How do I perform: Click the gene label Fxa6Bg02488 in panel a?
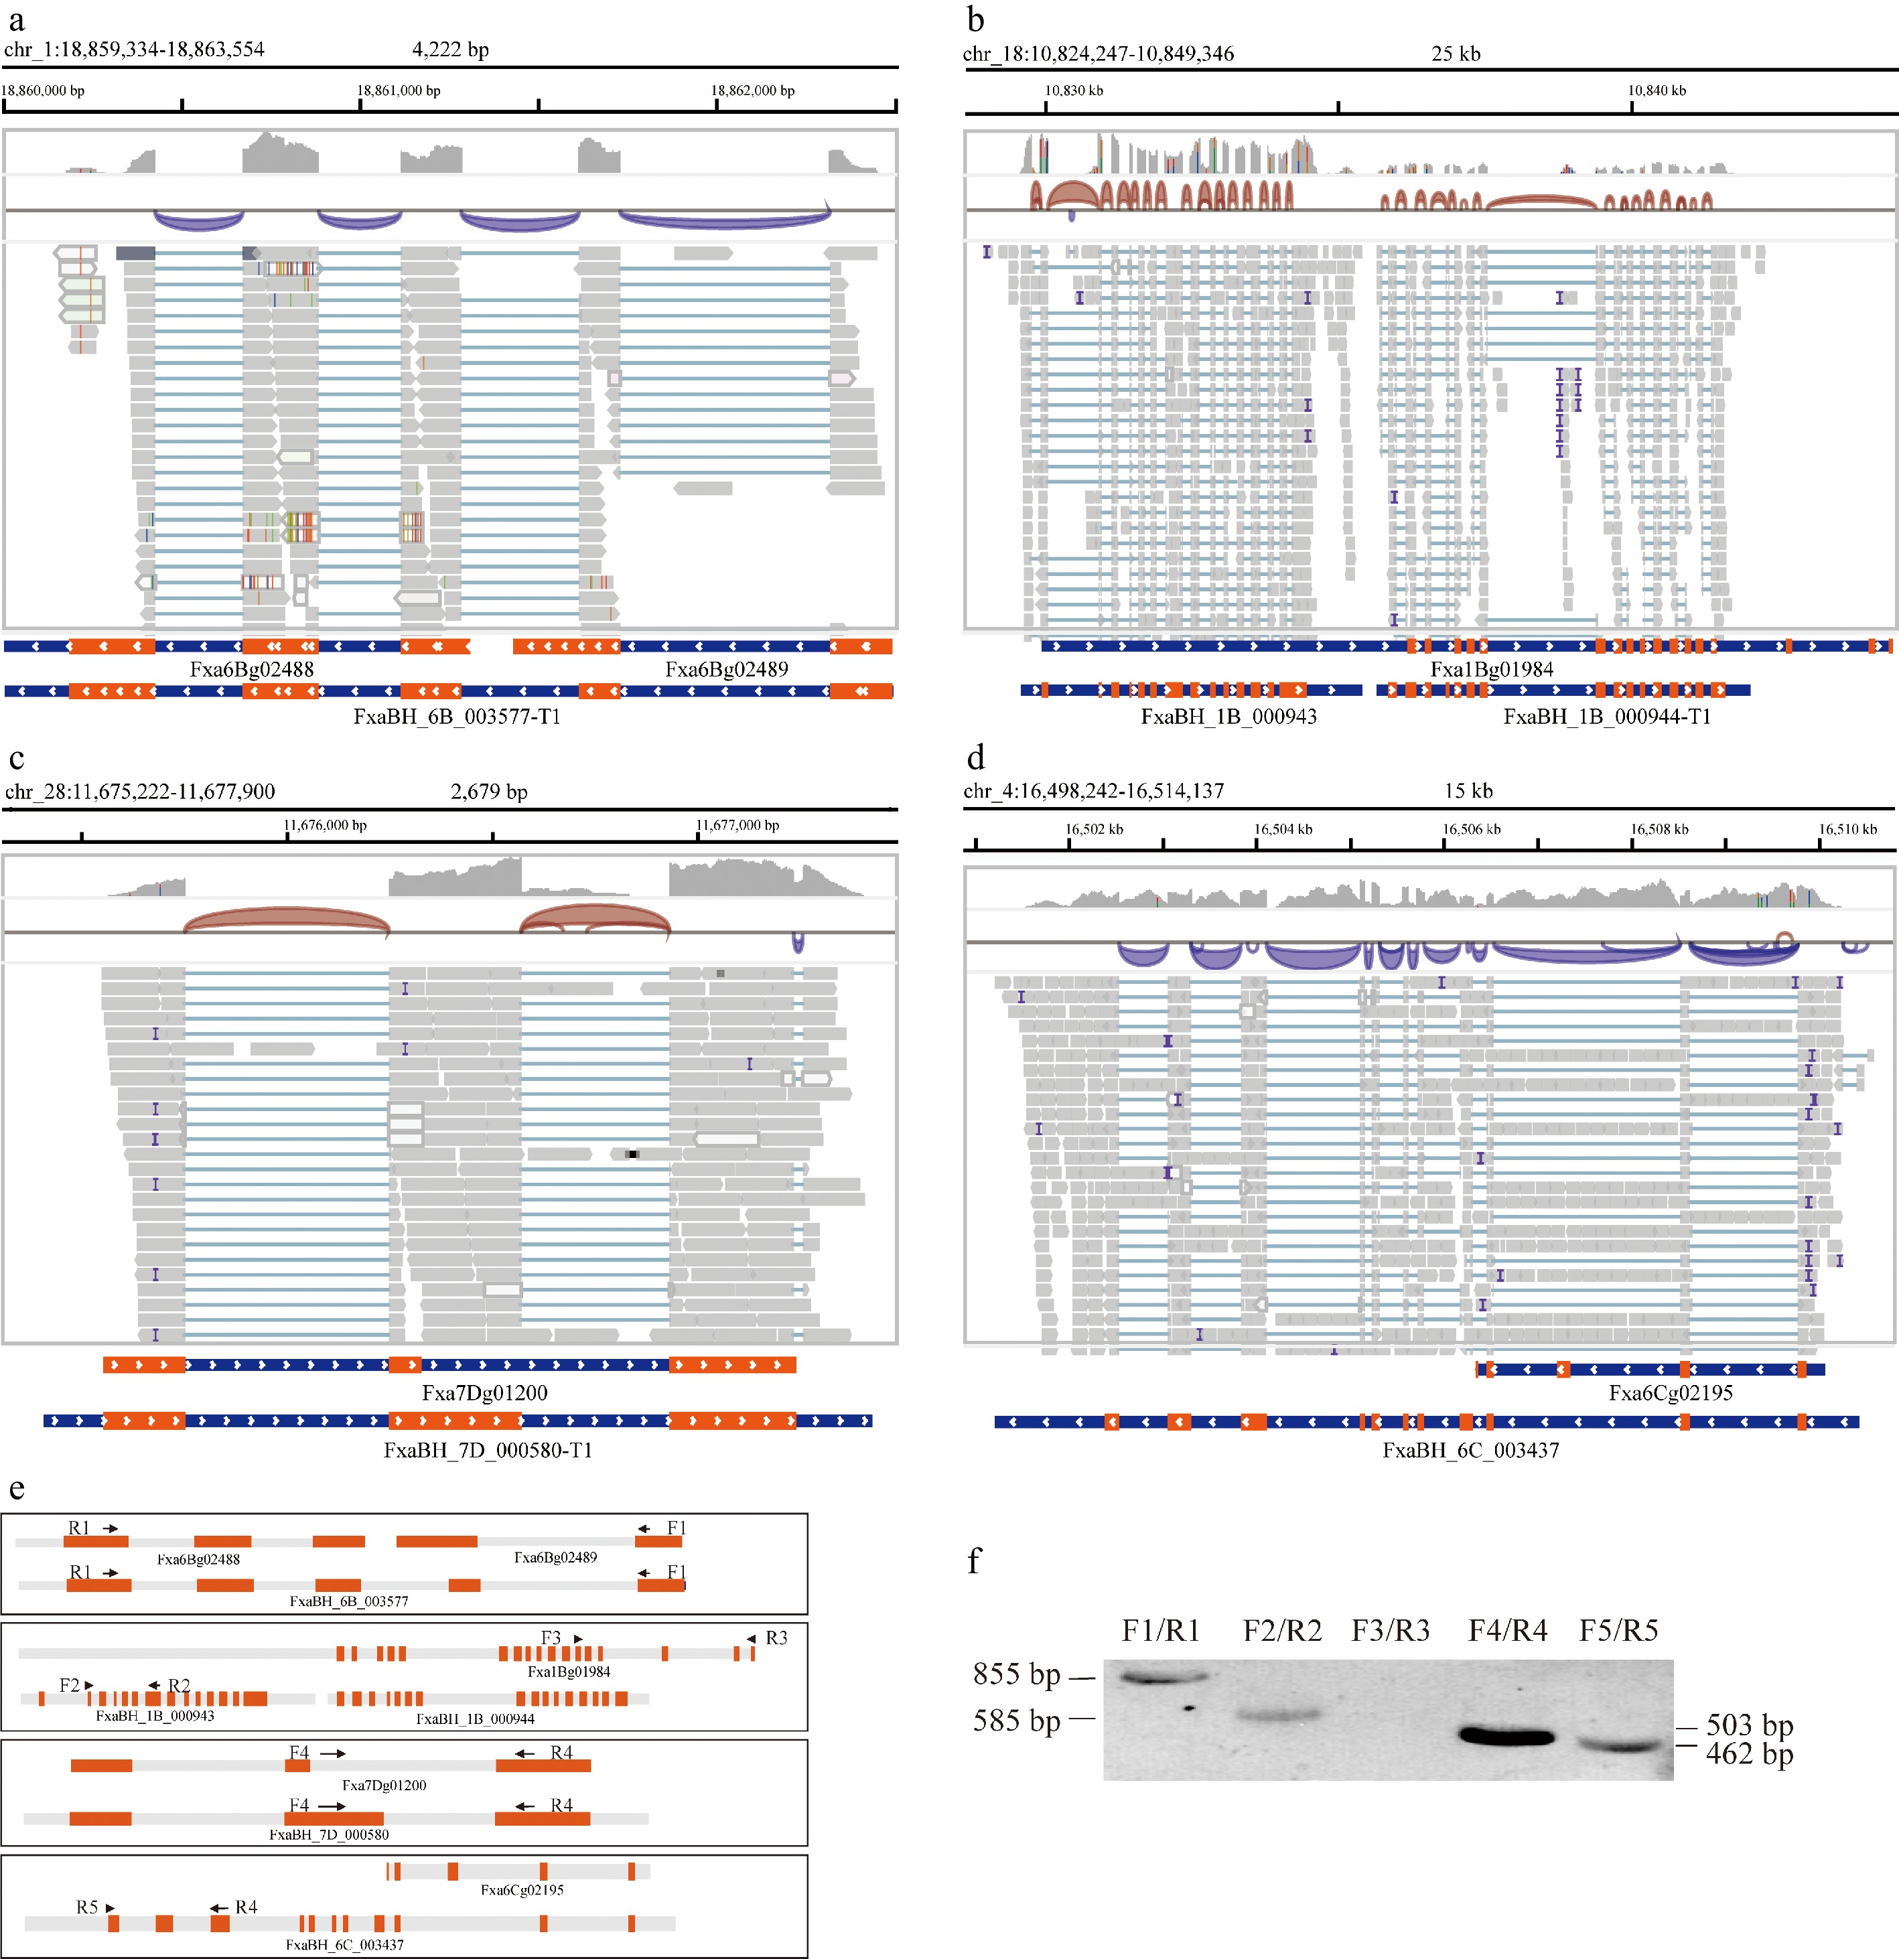252,668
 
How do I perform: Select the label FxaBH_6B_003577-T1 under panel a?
457,716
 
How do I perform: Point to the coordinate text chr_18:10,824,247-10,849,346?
1099,53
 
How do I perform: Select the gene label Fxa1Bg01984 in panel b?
1491,668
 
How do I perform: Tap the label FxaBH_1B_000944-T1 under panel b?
1606,716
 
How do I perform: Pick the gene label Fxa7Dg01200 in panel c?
485,1392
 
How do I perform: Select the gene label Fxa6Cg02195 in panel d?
1670,1392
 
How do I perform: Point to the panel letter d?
975,757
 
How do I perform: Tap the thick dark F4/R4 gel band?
1507,1736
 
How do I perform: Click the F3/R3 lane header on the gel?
1391,1630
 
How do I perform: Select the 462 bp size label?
1749,1753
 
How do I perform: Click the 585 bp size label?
1016,1720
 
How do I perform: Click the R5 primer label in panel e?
87,1907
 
